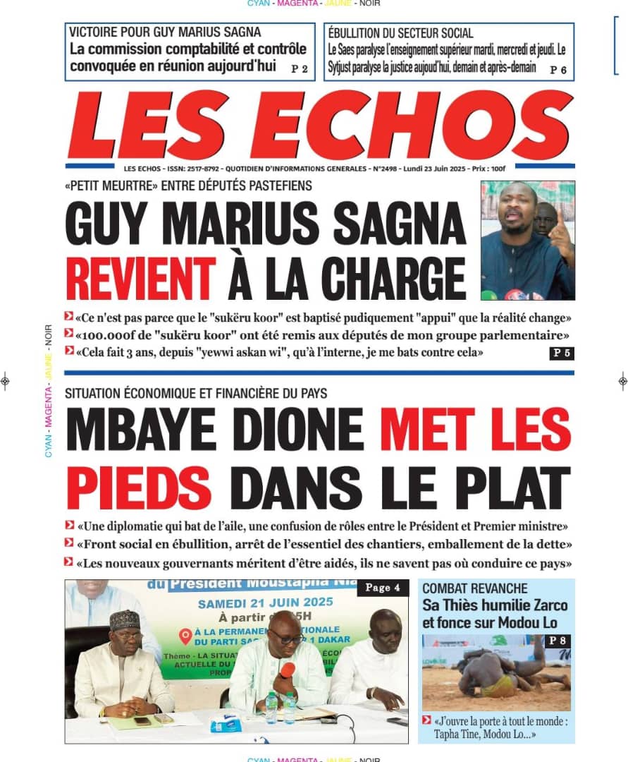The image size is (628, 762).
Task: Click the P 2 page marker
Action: click(x=299, y=69)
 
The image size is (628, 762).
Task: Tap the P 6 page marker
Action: click(x=558, y=69)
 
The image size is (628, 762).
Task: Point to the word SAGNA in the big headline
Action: click(x=399, y=224)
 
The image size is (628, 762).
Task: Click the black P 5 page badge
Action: click(x=561, y=353)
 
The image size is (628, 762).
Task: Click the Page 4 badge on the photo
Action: click(x=383, y=588)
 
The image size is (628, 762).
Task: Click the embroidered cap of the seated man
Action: click(x=125, y=619)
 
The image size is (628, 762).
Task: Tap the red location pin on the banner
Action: click(x=185, y=635)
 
